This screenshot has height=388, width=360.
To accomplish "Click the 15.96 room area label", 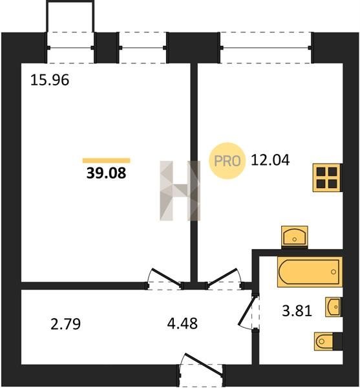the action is (x=50, y=80).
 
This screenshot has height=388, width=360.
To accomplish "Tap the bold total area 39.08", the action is (x=106, y=173).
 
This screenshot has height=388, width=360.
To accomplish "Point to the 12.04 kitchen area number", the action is (x=270, y=160).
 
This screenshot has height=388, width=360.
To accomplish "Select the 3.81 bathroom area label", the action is (x=297, y=311).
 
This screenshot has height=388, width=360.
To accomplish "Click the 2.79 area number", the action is (x=65, y=324).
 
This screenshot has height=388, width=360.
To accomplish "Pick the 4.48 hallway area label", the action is (x=182, y=323).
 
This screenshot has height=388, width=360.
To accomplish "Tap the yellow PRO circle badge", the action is (x=228, y=161).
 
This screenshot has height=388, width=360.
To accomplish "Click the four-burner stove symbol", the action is (x=326, y=178).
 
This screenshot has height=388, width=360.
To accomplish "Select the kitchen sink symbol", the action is (x=295, y=237).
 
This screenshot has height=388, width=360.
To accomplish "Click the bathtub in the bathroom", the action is (x=310, y=272).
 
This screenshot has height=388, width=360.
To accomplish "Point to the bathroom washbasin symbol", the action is (x=333, y=307).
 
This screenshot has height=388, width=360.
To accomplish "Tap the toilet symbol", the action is (x=328, y=341).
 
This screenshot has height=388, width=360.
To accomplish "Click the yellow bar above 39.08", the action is (x=106, y=160).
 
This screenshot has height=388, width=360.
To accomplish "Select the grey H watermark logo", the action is (x=180, y=191).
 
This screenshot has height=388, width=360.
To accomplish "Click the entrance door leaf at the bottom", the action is (x=204, y=365).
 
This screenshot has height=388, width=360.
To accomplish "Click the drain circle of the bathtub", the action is (x=334, y=272).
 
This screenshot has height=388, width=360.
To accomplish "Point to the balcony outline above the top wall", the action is (x=70, y=2).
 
